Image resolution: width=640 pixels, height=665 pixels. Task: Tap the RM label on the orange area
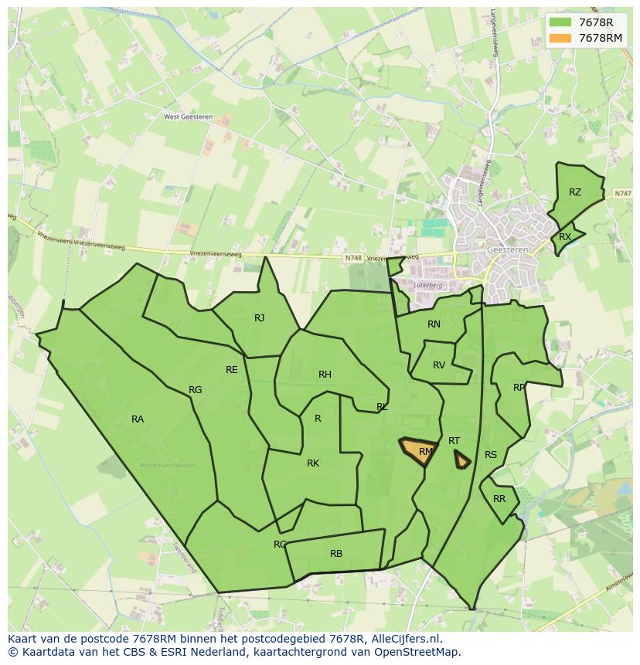(x=426, y=452)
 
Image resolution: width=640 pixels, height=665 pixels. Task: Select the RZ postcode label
(x=575, y=192)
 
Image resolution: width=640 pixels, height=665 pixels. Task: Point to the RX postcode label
(x=565, y=237)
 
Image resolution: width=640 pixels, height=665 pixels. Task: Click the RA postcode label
(x=138, y=419)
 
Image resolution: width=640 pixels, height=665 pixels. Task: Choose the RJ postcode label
(x=260, y=318)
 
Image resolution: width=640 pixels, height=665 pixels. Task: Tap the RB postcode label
(x=336, y=554)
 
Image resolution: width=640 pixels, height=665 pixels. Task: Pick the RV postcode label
(x=439, y=365)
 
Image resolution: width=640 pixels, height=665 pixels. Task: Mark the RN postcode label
(x=434, y=324)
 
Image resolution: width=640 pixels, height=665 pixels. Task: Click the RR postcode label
(x=499, y=499)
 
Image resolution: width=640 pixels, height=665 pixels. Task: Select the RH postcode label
(x=325, y=375)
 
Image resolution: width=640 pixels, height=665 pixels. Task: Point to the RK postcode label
(x=313, y=463)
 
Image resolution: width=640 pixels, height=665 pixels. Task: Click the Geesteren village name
(x=506, y=250)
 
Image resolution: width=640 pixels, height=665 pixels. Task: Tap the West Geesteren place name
(x=188, y=117)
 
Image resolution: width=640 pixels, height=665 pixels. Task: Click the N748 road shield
(x=353, y=258)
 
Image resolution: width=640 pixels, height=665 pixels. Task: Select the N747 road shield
(x=623, y=193)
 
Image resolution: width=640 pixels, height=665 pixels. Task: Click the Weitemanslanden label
(x=166, y=466)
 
